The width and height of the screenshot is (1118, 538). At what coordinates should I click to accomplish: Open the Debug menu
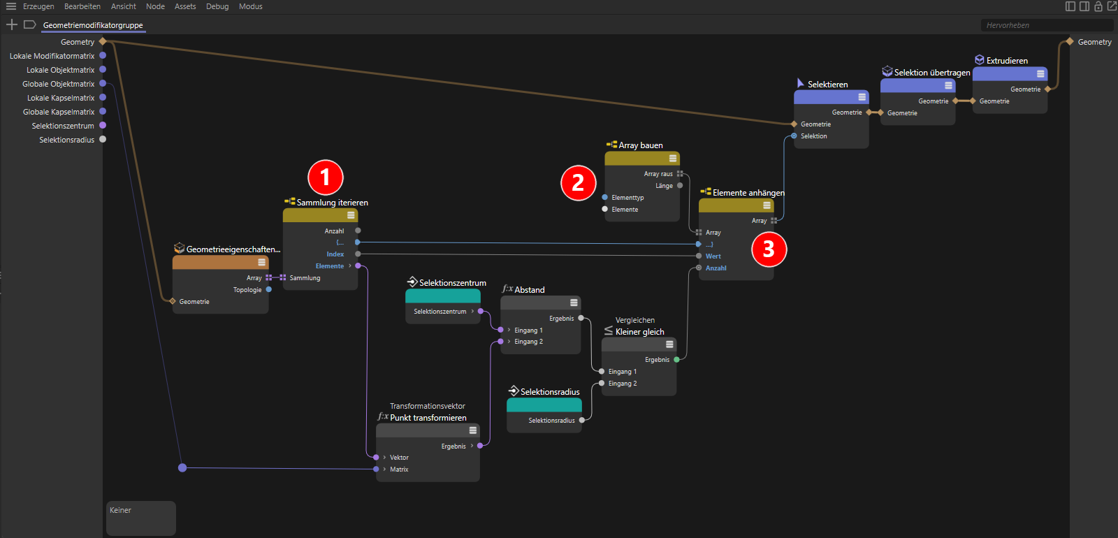(x=217, y=6)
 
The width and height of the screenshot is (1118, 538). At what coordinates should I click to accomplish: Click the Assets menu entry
(x=185, y=6)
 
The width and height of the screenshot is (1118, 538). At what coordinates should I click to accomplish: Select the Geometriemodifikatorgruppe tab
(x=93, y=25)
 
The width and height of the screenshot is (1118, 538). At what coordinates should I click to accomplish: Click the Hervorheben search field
(x=1045, y=25)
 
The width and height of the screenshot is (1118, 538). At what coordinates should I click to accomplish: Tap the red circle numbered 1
(x=326, y=177)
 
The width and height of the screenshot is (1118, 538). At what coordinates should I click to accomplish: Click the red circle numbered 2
(x=578, y=182)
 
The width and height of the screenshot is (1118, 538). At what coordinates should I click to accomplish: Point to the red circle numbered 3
(x=769, y=249)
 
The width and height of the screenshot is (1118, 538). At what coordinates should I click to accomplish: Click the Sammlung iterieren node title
(x=333, y=203)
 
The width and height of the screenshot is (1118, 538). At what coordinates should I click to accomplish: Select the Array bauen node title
(x=641, y=145)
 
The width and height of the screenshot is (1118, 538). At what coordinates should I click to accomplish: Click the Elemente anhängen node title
(x=748, y=193)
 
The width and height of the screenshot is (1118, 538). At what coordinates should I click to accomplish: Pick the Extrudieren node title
(x=1007, y=61)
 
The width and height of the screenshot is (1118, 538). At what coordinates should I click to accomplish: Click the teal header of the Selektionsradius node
(x=544, y=405)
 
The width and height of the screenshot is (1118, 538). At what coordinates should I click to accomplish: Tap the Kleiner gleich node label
(x=640, y=332)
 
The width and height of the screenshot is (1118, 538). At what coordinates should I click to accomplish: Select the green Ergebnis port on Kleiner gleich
(x=677, y=359)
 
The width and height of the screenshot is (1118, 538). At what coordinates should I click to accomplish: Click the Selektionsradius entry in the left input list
(x=67, y=140)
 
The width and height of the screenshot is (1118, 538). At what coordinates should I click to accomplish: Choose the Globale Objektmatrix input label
(x=59, y=84)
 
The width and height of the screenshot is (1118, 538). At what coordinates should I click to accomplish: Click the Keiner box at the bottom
(x=141, y=518)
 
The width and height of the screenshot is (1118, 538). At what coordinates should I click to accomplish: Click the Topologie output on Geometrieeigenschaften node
(x=268, y=289)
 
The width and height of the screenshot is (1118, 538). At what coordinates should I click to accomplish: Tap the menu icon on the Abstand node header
(x=574, y=303)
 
